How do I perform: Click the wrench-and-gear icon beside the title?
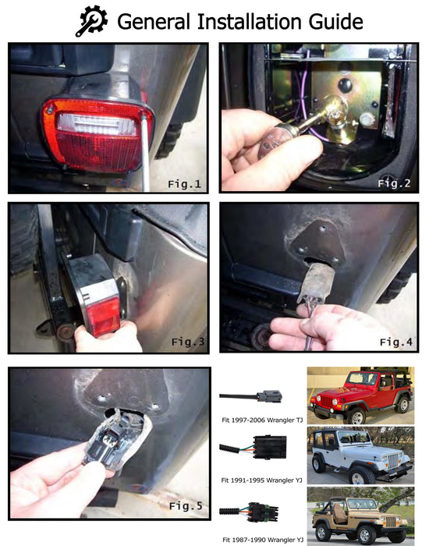[x=91, y=21]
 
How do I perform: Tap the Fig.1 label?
[x=185, y=184]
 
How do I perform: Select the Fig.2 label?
[x=394, y=183]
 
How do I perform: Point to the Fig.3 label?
[x=188, y=342]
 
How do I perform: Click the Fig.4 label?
[x=396, y=342]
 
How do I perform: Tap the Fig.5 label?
[x=186, y=505]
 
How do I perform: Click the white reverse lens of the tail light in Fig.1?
[x=97, y=124]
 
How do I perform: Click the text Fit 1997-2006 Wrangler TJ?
[x=262, y=420]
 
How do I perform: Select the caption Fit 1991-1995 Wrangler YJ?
[x=261, y=480]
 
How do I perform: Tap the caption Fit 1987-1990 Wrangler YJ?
[x=263, y=540]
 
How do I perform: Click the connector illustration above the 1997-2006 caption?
[x=250, y=396]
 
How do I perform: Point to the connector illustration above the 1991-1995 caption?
[x=253, y=447]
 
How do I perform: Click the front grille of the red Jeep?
[x=326, y=401]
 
